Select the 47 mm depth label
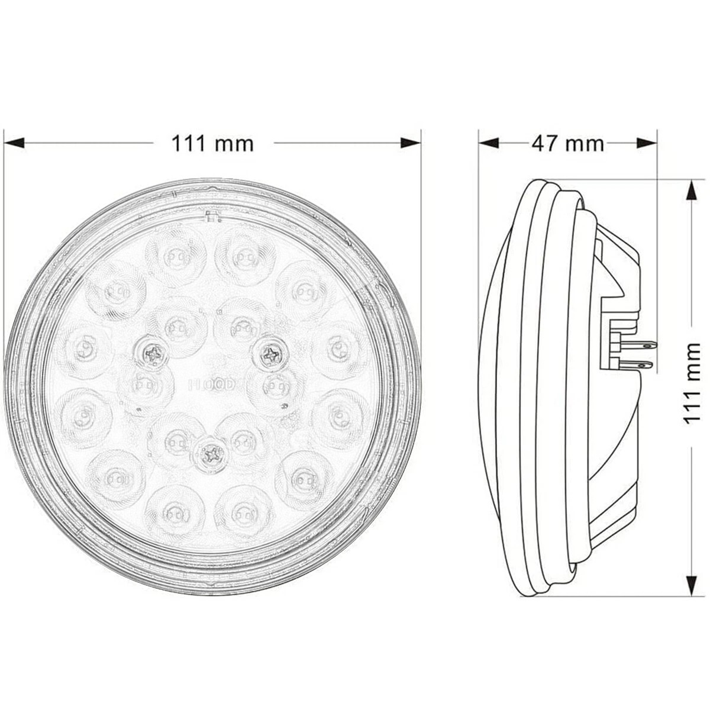567,143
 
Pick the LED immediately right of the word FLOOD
273,386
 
